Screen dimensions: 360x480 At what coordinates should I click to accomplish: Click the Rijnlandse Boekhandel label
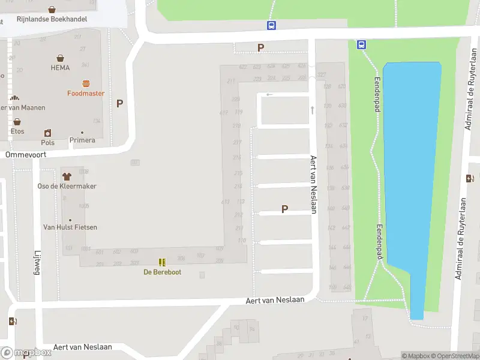(51, 19)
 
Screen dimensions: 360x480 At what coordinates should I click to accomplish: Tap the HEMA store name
(61, 68)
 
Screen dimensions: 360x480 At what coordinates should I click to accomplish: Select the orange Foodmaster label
(85, 93)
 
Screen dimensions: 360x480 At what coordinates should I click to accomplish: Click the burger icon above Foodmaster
(86, 83)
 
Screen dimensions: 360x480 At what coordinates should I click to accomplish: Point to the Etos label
(17, 131)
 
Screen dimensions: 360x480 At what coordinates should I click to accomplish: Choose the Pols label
(47, 142)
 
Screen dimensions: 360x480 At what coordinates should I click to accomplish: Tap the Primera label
(82, 140)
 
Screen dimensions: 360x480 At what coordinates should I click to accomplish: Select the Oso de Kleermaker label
(67, 186)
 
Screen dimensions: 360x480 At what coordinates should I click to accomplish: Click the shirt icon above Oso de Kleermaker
(66, 176)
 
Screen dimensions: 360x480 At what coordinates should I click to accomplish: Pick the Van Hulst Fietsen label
(70, 227)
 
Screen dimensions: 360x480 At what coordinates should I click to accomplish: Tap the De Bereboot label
(162, 272)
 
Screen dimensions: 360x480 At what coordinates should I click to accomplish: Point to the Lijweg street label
(37, 263)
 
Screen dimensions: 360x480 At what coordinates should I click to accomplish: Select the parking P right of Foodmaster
(119, 103)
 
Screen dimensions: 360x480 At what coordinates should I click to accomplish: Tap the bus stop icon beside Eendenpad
(362, 44)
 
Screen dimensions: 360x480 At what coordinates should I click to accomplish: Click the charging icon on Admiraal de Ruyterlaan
(470, 178)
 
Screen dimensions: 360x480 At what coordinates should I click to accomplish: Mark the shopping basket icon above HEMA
(61, 58)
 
